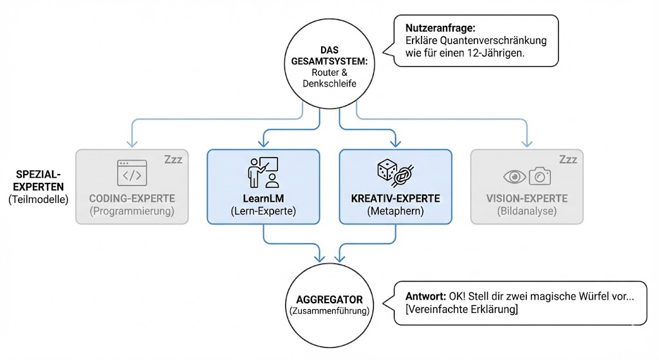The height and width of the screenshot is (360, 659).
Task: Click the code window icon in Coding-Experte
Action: point(132,173)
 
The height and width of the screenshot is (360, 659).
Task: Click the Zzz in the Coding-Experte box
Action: point(173,160)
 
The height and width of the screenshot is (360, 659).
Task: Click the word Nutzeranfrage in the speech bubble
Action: point(440,28)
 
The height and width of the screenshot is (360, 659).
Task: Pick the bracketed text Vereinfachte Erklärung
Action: point(461,310)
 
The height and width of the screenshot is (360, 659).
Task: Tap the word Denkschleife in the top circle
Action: point(329,84)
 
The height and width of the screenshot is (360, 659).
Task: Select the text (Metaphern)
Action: point(394,210)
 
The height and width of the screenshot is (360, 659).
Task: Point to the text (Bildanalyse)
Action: point(526,210)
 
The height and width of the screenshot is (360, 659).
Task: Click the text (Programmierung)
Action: point(132,210)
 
